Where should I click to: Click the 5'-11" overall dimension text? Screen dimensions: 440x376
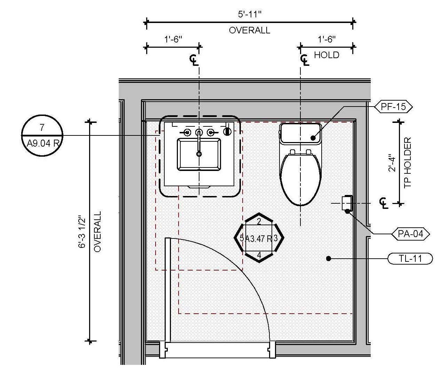pos(250,15)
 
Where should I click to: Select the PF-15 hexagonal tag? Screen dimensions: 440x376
pos(393,107)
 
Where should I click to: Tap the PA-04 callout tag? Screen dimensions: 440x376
pos(410,234)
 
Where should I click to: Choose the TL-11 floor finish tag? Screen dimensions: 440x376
pos(410,259)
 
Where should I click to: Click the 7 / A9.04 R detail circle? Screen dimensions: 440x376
pos(42,135)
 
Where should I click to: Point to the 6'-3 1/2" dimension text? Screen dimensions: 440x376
pos(82,233)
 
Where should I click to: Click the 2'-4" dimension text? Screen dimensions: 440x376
pos(392,163)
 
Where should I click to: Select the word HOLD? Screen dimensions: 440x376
pos(327,55)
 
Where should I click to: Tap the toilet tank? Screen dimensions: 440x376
pos(300,133)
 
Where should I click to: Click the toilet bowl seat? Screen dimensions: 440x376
pos(300,178)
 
